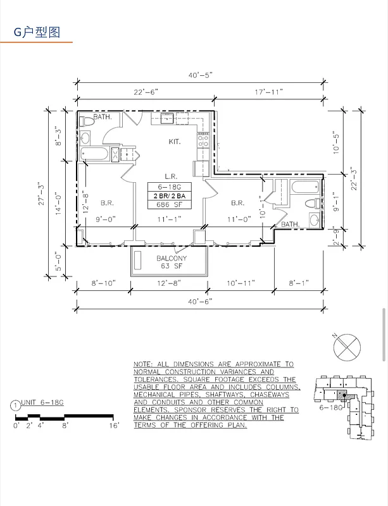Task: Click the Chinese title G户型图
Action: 37,33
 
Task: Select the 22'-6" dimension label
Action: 146,92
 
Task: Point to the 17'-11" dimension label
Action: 269,92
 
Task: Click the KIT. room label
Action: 175,142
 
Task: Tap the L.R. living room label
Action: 170,176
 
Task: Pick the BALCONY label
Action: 171,258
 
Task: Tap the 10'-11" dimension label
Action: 240,283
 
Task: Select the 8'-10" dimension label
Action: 103,283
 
